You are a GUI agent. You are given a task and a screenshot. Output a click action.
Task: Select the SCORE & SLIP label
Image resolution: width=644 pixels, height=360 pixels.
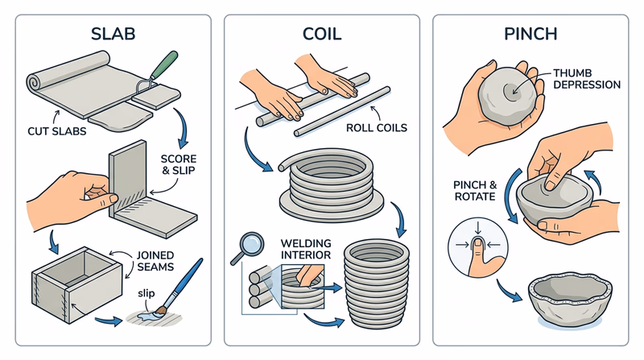click(180, 164)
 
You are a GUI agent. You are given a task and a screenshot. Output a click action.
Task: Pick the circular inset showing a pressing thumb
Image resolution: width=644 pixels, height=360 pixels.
click(475, 242)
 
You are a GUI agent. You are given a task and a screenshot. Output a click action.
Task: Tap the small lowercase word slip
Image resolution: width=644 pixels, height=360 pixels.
click(145, 291)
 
